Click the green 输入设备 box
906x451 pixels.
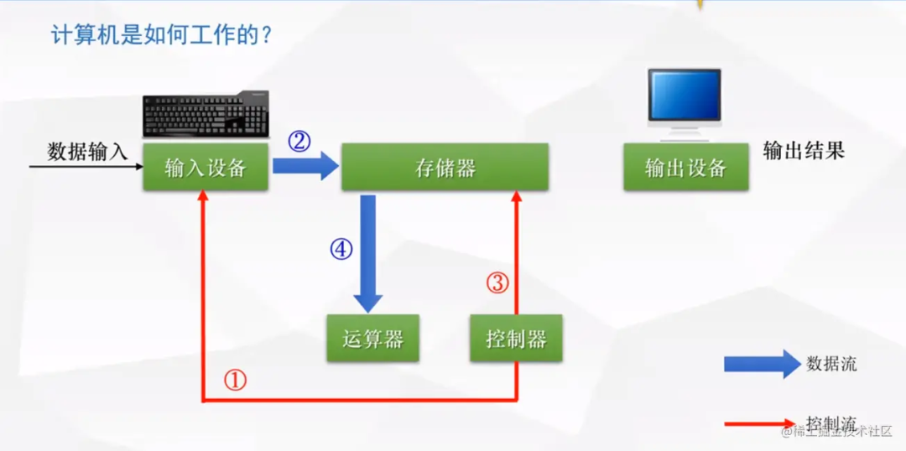tap(206, 167)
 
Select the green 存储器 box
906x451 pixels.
tap(445, 167)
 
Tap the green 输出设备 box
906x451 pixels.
tap(685, 167)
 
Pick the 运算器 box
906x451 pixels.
tap(373, 339)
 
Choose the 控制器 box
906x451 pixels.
tap(516, 339)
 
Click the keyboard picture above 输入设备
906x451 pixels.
tap(206, 115)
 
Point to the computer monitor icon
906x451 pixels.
tap(685, 101)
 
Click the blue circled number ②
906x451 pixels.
tap(299, 142)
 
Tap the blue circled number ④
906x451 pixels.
tap(341, 249)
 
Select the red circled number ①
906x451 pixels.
tap(236, 381)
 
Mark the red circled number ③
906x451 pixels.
tap(497, 283)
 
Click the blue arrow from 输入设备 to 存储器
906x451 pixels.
tap(305, 166)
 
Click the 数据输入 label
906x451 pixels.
tap(87, 152)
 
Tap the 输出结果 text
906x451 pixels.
tap(804, 150)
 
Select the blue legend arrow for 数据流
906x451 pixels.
tap(762, 364)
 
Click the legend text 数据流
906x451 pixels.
tap(831, 363)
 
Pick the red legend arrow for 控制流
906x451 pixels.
tap(760, 424)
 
